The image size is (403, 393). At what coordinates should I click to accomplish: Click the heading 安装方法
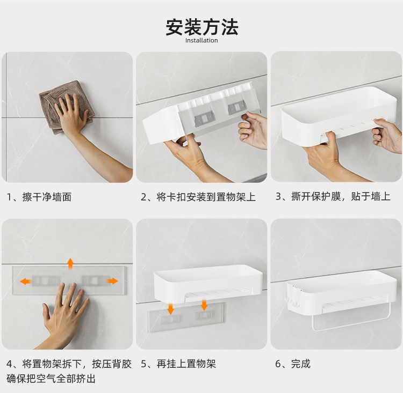click(201, 27)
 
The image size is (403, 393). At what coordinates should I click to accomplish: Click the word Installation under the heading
click(201, 41)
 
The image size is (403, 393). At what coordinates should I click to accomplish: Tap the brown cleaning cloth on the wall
click(66, 107)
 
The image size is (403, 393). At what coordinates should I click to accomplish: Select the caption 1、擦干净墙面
click(39, 197)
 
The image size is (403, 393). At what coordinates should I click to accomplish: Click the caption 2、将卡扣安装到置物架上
click(198, 197)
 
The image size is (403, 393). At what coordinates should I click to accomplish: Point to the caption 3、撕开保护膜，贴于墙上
click(333, 196)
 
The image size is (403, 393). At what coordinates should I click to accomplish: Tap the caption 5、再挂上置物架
click(178, 364)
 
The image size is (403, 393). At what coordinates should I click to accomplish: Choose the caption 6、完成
click(293, 364)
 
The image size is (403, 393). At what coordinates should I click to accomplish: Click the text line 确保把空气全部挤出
click(51, 379)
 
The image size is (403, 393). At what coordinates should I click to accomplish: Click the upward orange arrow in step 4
click(70, 263)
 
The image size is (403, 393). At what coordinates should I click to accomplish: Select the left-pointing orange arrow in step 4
click(26, 281)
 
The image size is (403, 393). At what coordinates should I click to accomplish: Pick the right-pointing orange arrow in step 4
click(112, 281)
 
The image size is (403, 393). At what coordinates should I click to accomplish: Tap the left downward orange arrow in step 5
click(170, 309)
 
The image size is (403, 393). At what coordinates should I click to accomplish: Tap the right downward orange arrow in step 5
click(204, 305)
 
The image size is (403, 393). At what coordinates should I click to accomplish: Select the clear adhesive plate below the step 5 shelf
click(186, 317)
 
